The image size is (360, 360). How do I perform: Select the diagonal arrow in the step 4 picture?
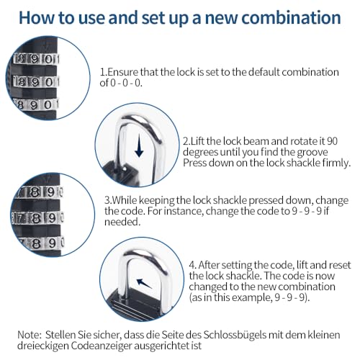coord(144,283)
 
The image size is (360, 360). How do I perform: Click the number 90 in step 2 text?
coord(332,141)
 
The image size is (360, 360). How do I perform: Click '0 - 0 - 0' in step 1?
coord(126,83)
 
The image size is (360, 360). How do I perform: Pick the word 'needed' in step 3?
coord(122,222)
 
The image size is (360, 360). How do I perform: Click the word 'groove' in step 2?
coord(312,153)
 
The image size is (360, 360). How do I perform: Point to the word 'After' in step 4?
coord(209,265)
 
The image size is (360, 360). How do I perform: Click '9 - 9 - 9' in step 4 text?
coord(290,297)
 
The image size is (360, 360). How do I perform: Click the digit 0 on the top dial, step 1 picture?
coord(49,59)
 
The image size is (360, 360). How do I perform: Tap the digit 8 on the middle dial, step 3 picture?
coord(37,218)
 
